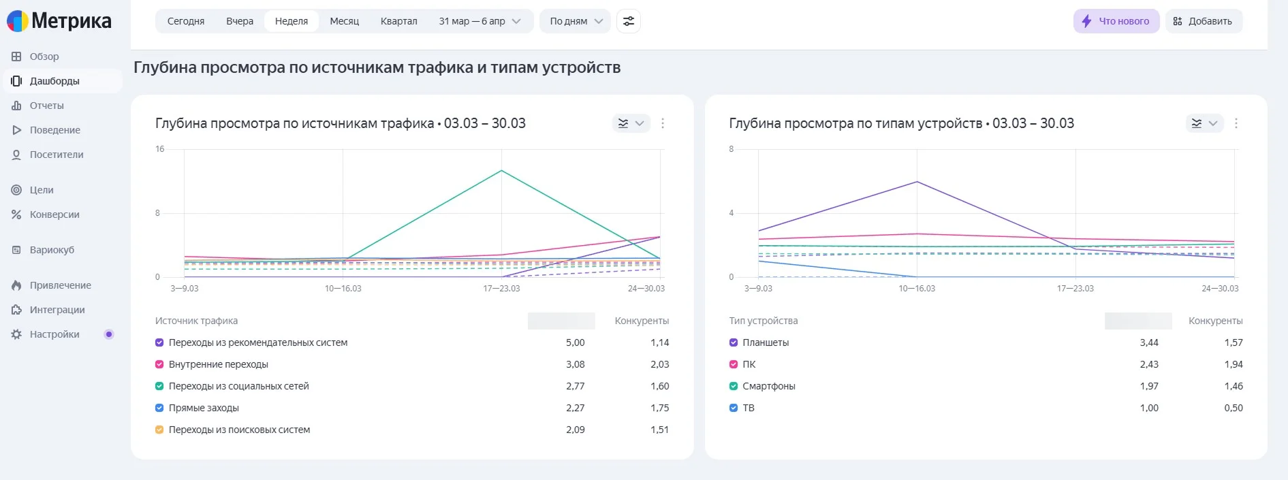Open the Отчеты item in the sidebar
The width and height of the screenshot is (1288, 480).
pos(46,106)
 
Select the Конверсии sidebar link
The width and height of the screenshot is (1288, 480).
pos(54,214)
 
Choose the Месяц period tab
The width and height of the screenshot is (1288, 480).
pos(344,21)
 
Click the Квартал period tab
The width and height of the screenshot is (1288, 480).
pos(398,21)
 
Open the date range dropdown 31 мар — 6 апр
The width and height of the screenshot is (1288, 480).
pos(480,21)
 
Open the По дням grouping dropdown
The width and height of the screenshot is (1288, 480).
pos(576,21)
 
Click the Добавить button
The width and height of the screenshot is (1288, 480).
pos(1204,21)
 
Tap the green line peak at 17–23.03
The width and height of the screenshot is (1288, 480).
pos(501,170)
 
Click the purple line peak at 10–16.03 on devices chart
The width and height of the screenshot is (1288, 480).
pos(917,182)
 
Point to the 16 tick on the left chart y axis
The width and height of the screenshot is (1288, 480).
pos(160,149)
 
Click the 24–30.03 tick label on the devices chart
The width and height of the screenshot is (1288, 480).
pos(1220,289)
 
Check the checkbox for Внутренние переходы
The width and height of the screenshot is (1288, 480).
pos(159,364)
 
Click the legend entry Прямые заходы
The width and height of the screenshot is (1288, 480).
pos(204,408)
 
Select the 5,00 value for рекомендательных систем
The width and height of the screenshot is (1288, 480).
pos(575,342)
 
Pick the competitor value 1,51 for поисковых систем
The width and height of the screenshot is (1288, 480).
pos(659,430)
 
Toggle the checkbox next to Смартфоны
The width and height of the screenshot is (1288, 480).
pos(734,386)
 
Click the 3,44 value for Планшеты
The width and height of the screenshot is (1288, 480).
pos(1149,342)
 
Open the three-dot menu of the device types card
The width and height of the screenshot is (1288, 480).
pos(1236,123)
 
